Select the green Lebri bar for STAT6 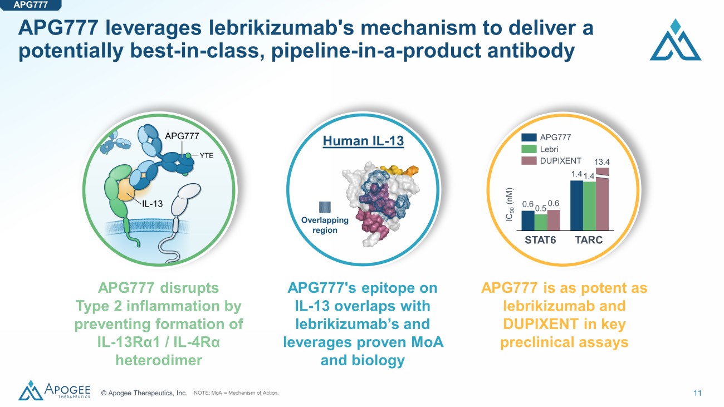click(540, 222)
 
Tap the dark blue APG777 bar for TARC click(576, 205)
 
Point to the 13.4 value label click(603, 161)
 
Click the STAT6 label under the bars click(540, 241)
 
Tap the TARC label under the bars click(589, 241)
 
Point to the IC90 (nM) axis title click(509, 204)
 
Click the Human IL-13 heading click(363, 141)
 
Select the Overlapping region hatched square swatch click(325, 207)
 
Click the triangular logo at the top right click(675, 40)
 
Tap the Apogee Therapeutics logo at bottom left click(54, 390)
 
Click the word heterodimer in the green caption click(158, 360)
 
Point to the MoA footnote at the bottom click(236, 394)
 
